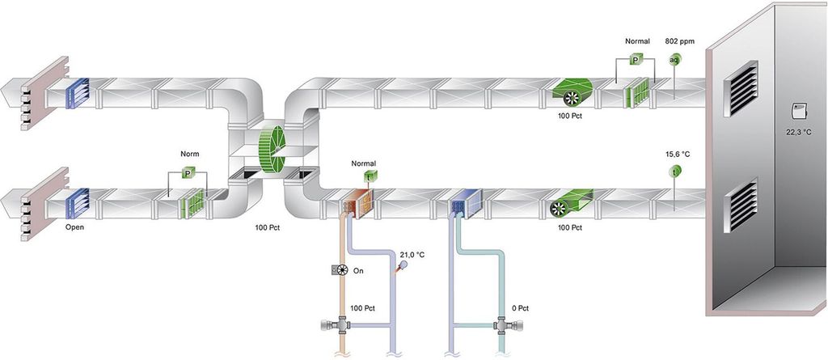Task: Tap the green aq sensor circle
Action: [x=674, y=59]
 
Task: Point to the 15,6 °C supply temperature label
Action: [x=678, y=153]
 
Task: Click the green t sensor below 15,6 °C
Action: [x=674, y=172]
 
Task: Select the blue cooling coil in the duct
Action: [x=467, y=207]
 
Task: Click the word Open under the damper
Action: [x=74, y=227]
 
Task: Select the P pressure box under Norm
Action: [x=188, y=173]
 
